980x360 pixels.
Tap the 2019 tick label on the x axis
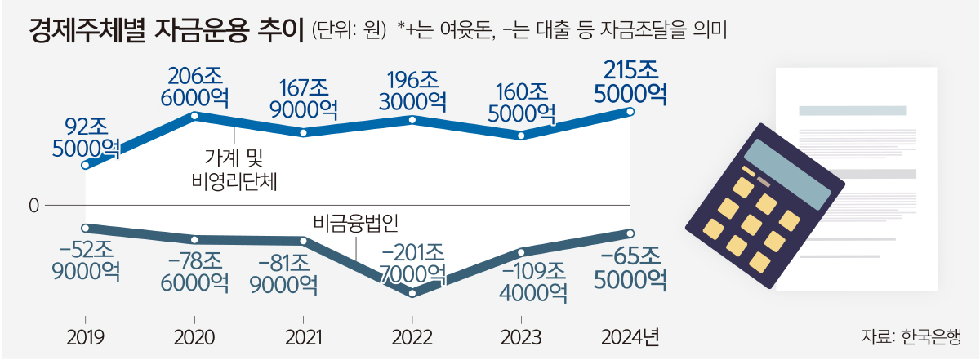tap(85, 337)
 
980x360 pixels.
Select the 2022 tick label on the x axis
tap(412, 337)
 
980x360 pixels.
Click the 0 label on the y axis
tap(33, 207)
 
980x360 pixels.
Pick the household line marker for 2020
tap(194, 116)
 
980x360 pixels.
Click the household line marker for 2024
tap(630, 112)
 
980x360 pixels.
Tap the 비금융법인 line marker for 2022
tap(412, 292)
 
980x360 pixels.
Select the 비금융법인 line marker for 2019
tap(85, 228)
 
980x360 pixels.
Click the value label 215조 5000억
tap(630, 82)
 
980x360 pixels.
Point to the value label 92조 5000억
tap(86, 138)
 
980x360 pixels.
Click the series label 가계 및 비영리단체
tap(234, 168)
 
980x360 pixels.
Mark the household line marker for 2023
tap(522, 135)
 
